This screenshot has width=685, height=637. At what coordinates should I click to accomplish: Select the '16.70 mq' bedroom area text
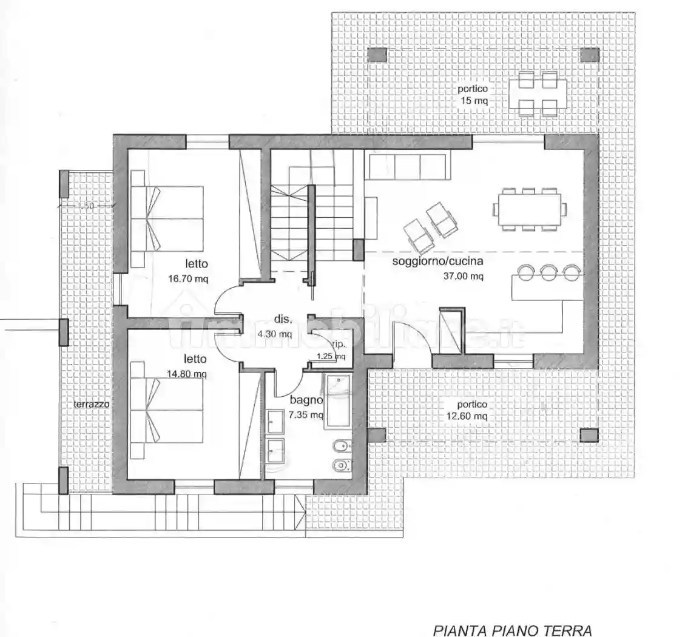[x=188, y=280]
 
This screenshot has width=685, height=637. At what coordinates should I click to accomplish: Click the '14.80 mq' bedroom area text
[x=187, y=374]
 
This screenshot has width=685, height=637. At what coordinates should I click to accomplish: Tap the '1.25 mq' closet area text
[x=331, y=357]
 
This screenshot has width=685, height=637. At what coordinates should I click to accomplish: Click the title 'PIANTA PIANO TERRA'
[x=512, y=630]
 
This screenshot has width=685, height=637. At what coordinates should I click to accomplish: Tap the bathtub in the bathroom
[x=337, y=402]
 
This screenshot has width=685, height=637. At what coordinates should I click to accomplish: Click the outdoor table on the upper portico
[x=538, y=93]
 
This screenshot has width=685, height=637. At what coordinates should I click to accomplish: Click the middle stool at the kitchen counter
[x=548, y=272]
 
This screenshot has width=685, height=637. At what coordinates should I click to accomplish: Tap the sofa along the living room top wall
[x=407, y=166]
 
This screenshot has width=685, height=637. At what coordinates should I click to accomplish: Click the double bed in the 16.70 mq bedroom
[x=167, y=218]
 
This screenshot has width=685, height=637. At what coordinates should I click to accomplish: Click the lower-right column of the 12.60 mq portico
[x=589, y=435]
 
